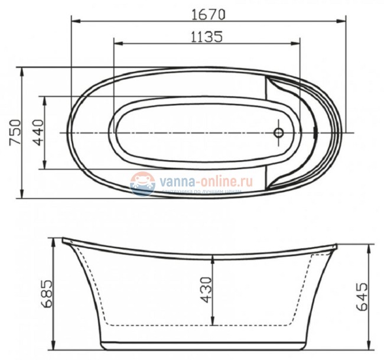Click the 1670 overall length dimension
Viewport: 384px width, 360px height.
pos(207,12)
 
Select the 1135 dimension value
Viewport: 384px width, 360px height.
pos(207,37)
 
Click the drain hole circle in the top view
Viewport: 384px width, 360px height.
pos(279,132)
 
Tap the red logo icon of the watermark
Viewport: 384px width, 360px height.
pos(142,183)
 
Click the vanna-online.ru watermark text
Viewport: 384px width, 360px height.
pos(204,181)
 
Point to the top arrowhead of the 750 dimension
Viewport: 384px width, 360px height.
pos(22,71)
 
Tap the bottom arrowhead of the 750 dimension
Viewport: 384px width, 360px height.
pos(22,196)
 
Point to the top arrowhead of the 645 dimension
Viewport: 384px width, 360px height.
pos(371,248)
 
